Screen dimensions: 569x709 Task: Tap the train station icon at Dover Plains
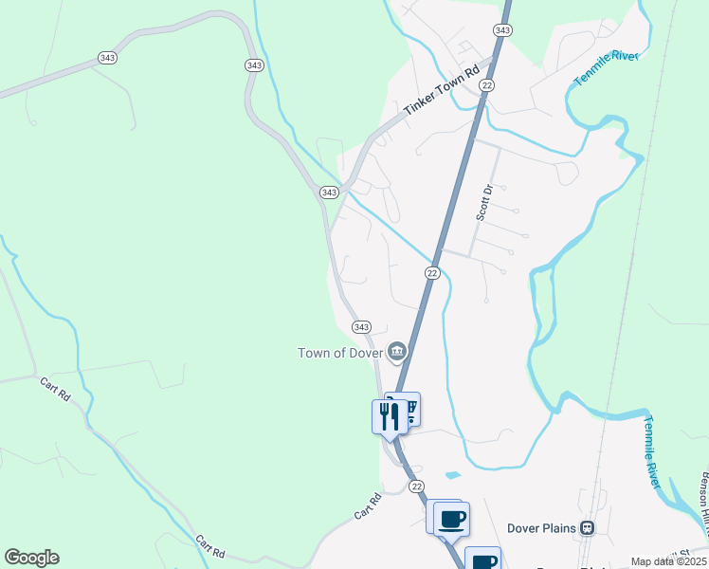point(589,527)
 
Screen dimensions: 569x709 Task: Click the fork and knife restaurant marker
point(389,415)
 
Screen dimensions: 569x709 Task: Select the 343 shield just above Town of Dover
point(361,326)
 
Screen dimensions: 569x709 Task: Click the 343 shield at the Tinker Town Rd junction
point(329,192)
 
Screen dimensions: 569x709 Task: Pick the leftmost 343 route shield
point(107,58)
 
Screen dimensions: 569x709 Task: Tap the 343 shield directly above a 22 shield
point(502,30)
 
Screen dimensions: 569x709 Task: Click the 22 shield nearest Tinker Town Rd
point(487,85)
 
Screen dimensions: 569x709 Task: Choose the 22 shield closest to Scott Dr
point(432,273)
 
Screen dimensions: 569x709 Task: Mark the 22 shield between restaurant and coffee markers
point(417,486)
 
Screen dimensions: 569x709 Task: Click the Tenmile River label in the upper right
point(607,68)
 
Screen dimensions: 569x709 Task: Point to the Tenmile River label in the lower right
point(651,452)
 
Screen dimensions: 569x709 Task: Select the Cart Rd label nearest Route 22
point(368,505)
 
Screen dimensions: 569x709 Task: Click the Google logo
point(31,558)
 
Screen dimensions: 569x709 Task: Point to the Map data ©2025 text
point(668,561)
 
